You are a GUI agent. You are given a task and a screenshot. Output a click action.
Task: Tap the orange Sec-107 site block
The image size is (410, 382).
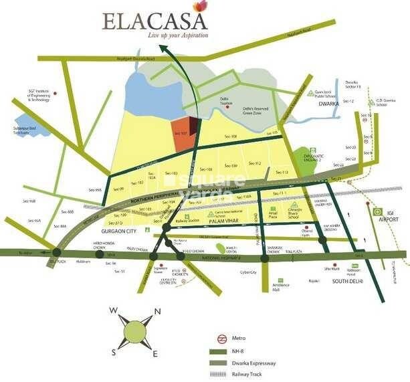click(183, 130)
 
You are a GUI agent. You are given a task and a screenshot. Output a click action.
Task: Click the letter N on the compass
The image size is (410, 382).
click(157, 310)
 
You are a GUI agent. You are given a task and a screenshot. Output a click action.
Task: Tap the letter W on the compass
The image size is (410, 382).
click(113, 310)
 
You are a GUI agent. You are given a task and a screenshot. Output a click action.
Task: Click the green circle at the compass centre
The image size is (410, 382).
click(134, 330)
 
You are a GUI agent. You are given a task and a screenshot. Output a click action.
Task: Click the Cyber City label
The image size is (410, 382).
click(249, 272)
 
